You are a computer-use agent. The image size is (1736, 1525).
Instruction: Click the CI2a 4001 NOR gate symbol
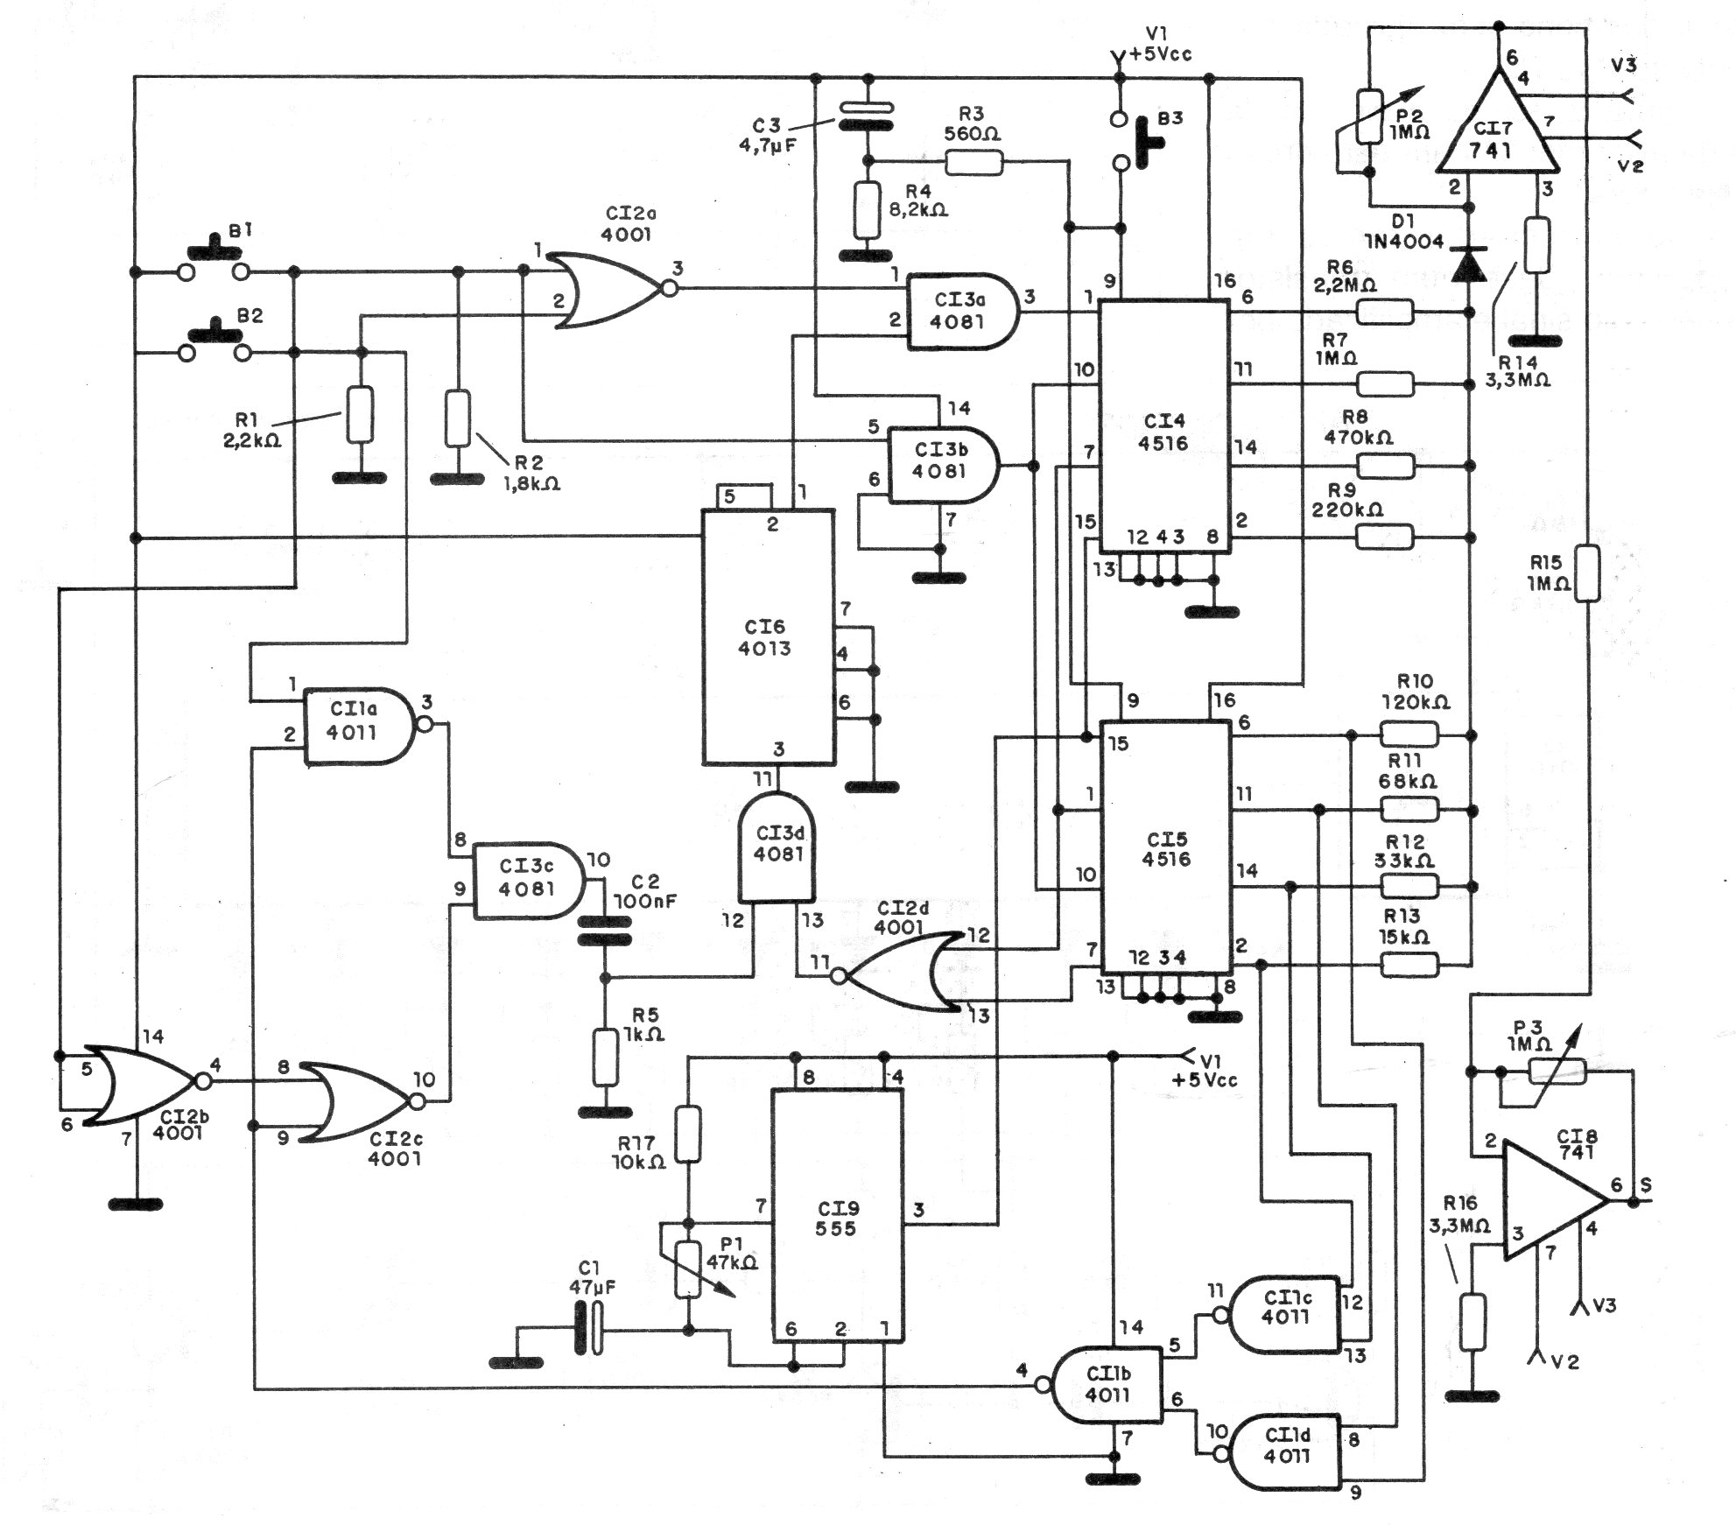click(613, 291)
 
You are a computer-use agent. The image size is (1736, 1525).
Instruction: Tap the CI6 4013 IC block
click(768, 637)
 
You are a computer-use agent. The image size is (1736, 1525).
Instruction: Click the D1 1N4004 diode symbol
click(1469, 264)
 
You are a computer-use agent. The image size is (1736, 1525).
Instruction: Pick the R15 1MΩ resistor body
click(1587, 573)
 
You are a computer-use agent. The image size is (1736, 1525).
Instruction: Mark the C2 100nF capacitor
click(604, 930)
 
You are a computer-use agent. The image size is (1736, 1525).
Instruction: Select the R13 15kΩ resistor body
click(1409, 965)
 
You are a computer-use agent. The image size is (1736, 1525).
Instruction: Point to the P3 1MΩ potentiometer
click(1556, 1070)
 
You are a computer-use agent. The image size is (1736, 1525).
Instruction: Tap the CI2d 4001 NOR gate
click(902, 973)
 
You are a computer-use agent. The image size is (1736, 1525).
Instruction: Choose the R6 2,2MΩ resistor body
click(1385, 312)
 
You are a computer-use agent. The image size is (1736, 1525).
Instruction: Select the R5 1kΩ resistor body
click(605, 1058)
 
